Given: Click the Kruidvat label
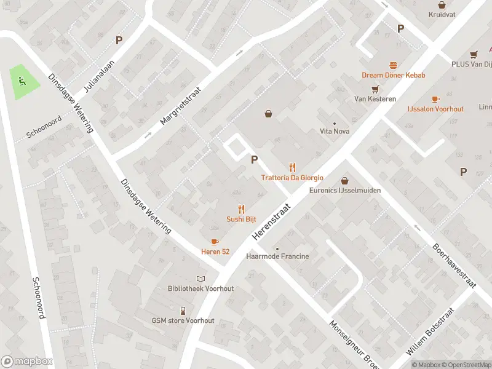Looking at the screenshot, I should pos(441,14).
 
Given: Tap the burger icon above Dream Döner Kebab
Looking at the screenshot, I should pos(393,65).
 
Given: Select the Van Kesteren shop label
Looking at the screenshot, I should pos(375,98).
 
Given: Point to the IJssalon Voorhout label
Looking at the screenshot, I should pos(435,109).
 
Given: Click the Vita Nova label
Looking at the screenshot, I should pos(334,131).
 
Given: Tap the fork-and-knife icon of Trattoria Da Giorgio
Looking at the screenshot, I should pos(292,167).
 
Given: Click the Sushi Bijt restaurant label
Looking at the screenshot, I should pos(241,219).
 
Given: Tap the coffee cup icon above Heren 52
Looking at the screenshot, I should pos(215,242).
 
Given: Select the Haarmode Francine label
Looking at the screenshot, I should pos(277,256).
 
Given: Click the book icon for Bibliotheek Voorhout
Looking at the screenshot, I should pos(201,279).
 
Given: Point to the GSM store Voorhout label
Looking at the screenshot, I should pos(183,320).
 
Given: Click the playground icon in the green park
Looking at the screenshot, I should pos(22,80).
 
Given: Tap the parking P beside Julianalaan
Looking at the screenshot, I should pos(119,40).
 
